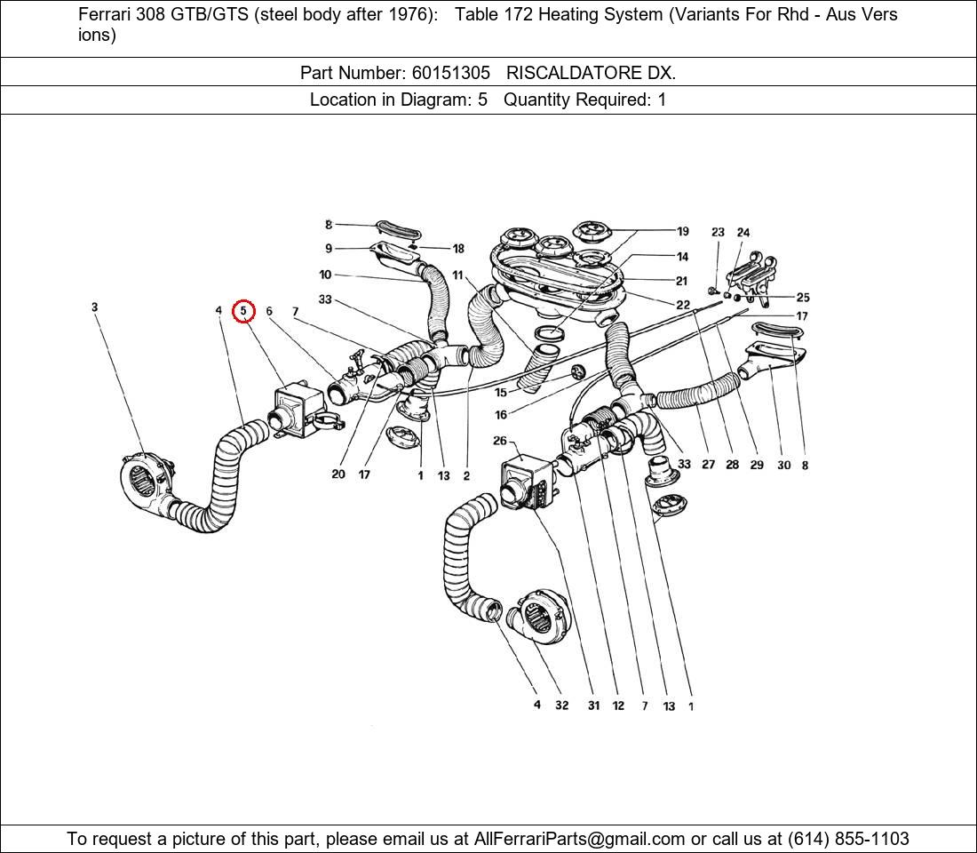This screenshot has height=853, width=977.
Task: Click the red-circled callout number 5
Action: point(243,311)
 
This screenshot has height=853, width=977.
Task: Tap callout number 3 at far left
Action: point(94,307)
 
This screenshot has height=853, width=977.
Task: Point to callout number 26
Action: point(499,441)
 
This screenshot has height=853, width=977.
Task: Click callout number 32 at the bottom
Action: point(562,706)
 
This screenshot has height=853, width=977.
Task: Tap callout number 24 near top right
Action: point(743,233)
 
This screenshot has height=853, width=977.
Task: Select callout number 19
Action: point(682,231)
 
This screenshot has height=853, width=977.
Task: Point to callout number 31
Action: point(593,706)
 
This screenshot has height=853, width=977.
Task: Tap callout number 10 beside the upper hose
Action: point(325,275)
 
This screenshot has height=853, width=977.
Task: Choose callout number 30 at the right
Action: point(783,465)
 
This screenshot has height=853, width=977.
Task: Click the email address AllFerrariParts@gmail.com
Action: point(580,839)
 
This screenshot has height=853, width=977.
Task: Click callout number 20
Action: point(338,474)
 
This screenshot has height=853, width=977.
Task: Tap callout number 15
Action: point(501,393)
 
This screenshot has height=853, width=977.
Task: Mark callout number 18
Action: point(458,249)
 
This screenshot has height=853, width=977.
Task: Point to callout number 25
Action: point(803,298)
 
